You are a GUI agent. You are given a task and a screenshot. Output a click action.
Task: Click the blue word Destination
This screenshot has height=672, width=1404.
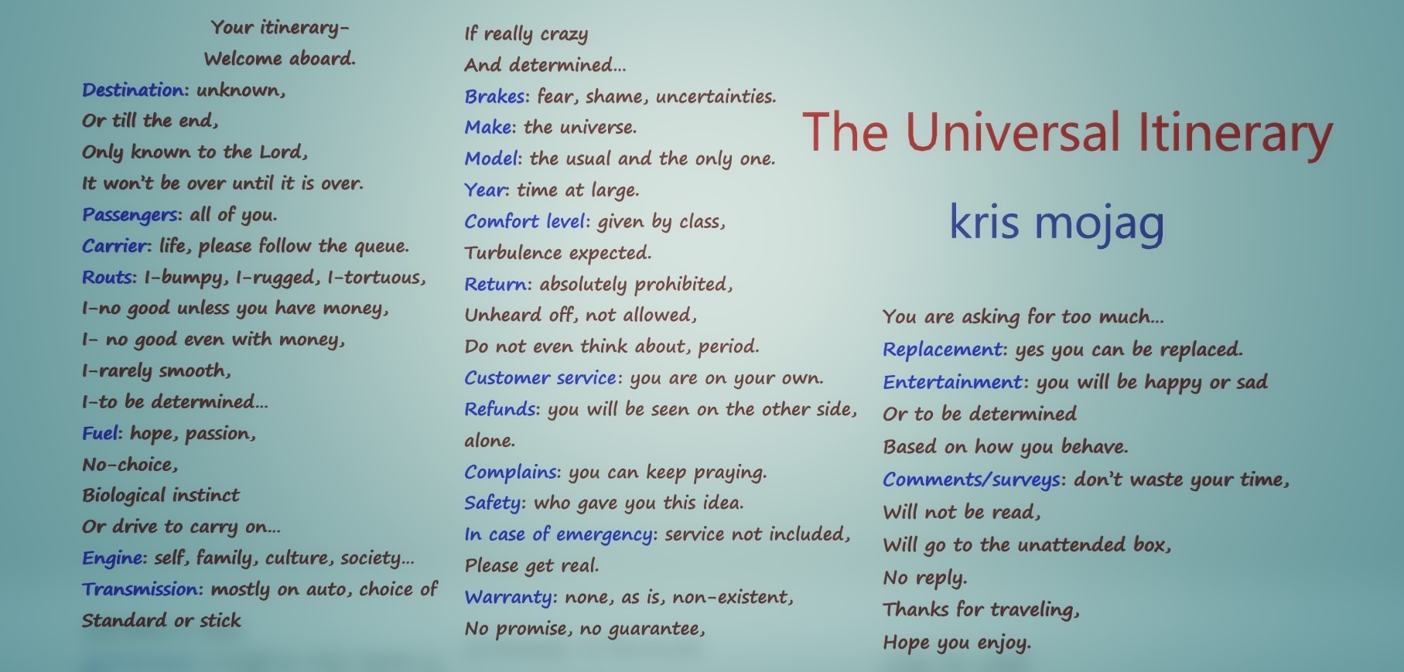point(133,90)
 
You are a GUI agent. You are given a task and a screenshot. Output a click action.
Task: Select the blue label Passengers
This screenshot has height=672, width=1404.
point(130,215)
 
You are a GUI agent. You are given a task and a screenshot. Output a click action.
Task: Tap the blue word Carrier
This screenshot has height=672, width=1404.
point(114,246)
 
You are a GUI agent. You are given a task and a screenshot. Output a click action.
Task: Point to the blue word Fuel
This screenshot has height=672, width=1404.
point(100,433)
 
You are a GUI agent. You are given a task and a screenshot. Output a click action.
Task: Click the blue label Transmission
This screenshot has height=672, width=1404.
point(140,589)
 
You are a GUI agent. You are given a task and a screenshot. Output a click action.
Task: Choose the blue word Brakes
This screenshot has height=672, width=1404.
point(495,97)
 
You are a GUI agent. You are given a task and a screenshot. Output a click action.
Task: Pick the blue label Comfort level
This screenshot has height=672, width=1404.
point(524,221)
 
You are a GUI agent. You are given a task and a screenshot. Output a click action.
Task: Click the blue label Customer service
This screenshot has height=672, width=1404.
point(540,378)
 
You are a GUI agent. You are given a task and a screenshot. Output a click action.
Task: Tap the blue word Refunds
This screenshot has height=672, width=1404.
point(500,409)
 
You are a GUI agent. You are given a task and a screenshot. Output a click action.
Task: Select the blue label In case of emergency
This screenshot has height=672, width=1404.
point(559,534)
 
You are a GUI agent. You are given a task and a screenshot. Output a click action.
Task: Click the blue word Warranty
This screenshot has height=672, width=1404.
point(508,598)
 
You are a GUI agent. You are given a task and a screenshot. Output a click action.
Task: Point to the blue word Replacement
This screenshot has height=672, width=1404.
point(942,350)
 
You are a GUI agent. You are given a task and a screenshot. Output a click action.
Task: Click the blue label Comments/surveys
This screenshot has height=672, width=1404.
point(972,480)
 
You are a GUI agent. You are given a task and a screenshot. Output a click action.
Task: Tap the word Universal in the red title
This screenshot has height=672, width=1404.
point(1012,132)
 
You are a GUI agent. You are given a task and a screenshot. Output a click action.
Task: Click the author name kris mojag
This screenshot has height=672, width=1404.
point(1057,223)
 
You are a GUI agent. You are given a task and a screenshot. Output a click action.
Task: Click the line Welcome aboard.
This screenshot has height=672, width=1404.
point(280,59)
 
